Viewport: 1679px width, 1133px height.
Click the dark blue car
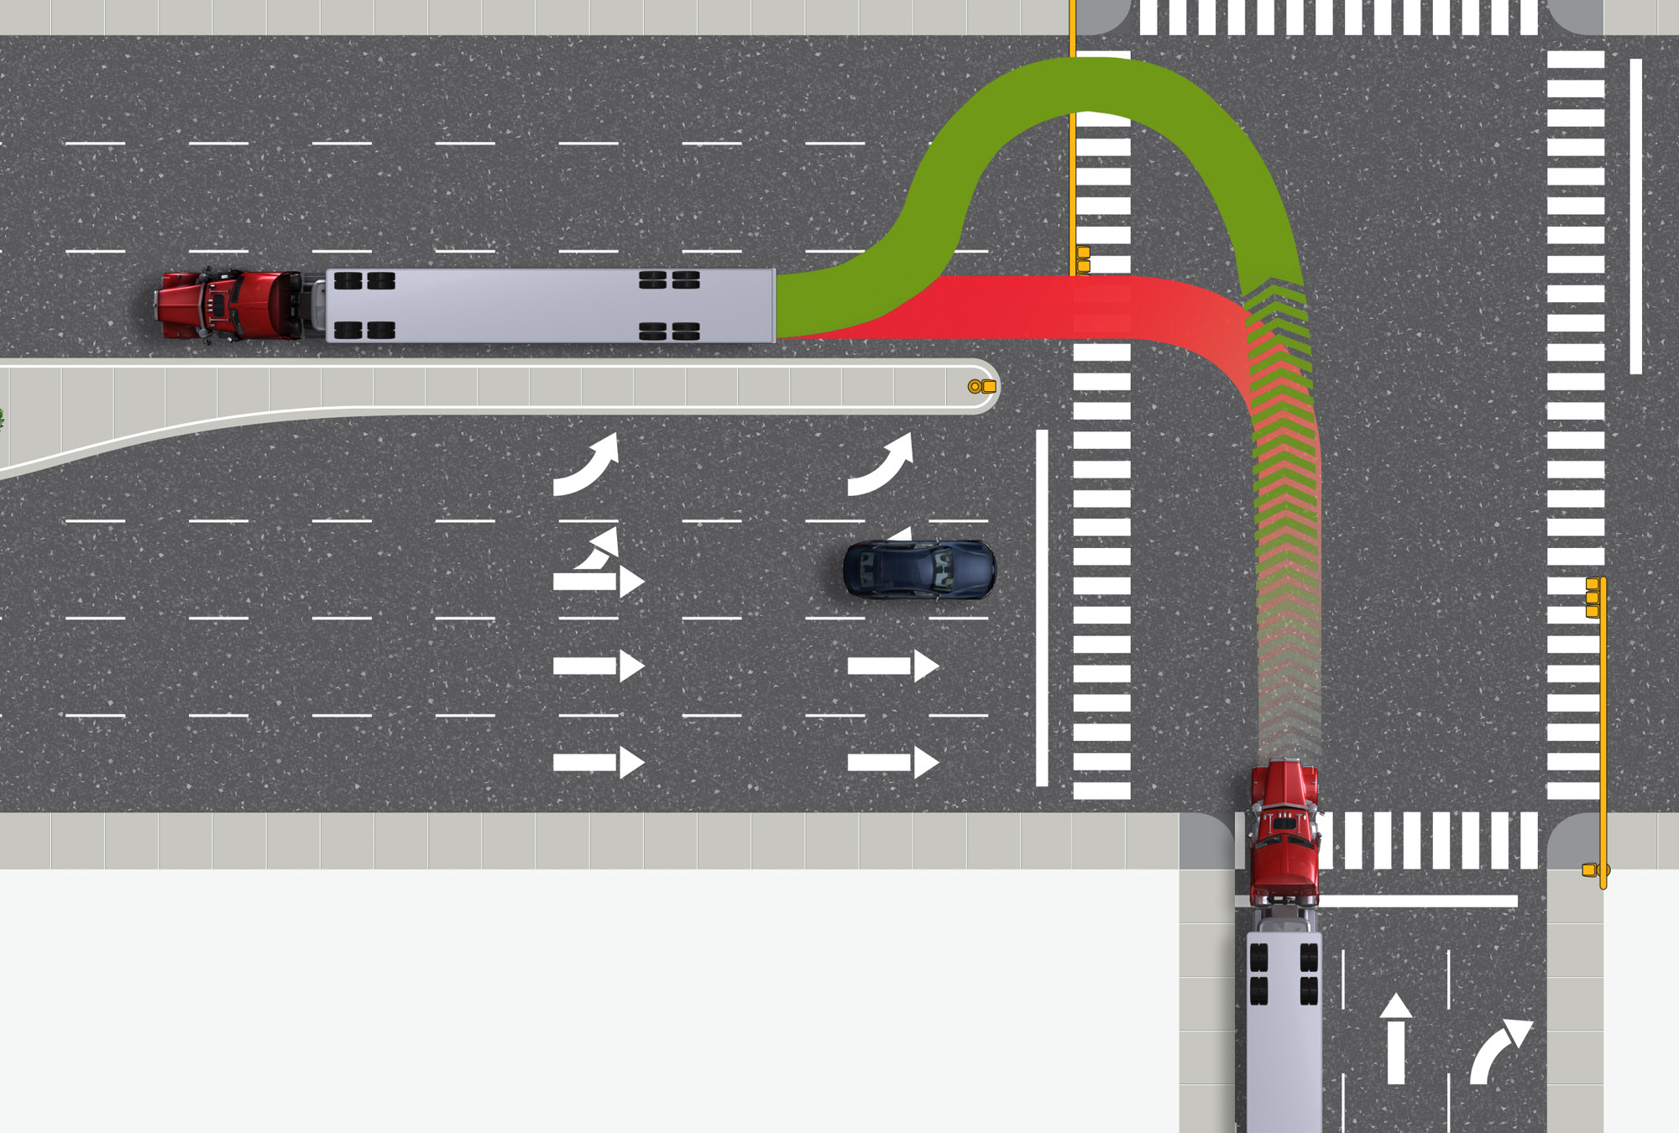click(x=919, y=569)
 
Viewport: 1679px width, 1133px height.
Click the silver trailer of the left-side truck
click(x=550, y=305)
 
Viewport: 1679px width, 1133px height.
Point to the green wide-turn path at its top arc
click(x=1091, y=84)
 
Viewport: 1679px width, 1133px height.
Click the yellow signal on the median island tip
click(x=982, y=387)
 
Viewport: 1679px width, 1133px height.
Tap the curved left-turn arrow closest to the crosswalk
click(x=881, y=466)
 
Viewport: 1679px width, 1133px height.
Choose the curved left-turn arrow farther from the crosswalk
click(x=588, y=466)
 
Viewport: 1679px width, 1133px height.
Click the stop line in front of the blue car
click(x=1042, y=608)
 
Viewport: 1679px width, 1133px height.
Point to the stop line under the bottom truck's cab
click(x=1419, y=901)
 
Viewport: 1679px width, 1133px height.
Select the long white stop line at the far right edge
click(x=1635, y=216)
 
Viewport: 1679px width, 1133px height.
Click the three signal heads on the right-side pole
click(x=1592, y=598)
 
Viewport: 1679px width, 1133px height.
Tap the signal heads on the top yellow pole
click(x=1083, y=259)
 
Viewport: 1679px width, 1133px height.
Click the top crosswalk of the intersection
click(x=1338, y=18)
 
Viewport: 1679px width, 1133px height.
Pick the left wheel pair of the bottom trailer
click(x=1258, y=973)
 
